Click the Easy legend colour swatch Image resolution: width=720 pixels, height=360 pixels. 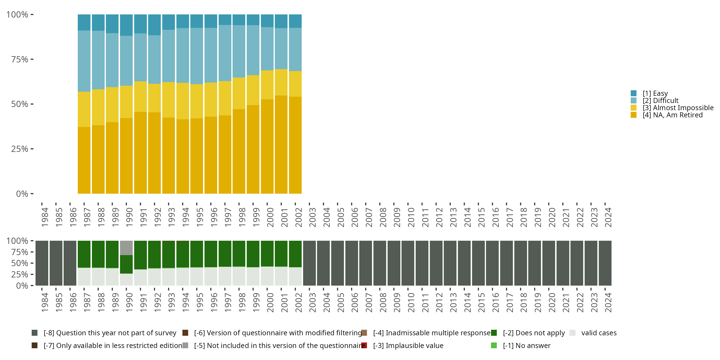(x=633, y=93)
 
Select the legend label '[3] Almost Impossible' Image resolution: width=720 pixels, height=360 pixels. (x=678, y=108)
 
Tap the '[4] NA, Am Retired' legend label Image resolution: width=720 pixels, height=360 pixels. (x=672, y=115)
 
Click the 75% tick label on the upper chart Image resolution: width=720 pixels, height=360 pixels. (x=20, y=59)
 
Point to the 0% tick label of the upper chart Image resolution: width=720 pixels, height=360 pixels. (x=22, y=194)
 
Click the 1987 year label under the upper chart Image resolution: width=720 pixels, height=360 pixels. (x=87, y=217)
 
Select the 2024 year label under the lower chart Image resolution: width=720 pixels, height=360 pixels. (x=608, y=303)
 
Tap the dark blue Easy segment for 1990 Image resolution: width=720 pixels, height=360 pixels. (x=126, y=25)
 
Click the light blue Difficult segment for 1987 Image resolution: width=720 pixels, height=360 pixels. (x=84, y=61)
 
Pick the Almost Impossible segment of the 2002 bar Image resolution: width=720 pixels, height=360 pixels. (x=295, y=84)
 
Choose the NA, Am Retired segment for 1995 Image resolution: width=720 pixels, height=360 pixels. (x=197, y=156)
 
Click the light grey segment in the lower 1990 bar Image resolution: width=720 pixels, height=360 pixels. (x=126, y=248)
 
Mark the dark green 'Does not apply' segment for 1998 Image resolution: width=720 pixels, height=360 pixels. (x=239, y=253)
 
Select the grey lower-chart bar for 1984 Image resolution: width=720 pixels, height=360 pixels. (x=42, y=263)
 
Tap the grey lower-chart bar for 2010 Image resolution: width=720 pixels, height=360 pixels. (x=408, y=263)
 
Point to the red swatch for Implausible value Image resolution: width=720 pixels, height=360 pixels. (x=364, y=345)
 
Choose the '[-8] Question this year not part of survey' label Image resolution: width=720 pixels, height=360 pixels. (x=110, y=333)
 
